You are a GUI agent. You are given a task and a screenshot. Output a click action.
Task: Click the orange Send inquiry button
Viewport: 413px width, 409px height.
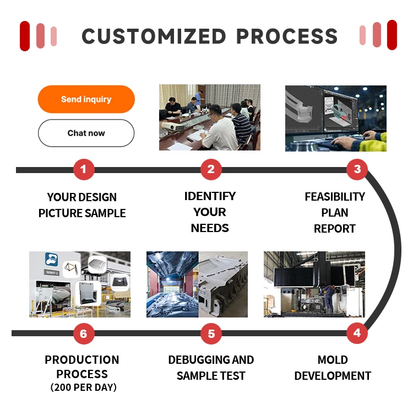[x=86, y=99]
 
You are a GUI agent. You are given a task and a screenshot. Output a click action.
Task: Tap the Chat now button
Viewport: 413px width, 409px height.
[x=86, y=133]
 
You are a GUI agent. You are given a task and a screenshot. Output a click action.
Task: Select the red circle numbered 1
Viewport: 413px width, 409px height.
[x=84, y=169]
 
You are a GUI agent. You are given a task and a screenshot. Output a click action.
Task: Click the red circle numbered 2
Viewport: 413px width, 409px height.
[x=211, y=169]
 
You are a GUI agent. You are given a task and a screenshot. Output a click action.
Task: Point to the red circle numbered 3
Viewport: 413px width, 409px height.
[x=357, y=169]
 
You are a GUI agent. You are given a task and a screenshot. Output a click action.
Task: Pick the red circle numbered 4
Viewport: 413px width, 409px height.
[x=357, y=333]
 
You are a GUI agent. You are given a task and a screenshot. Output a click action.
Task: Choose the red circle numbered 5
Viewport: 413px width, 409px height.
[x=211, y=333]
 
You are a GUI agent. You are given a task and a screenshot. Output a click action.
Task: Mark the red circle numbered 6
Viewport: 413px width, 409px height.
[x=84, y=333]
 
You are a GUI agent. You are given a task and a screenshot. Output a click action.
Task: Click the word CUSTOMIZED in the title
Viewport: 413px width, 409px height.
[x=154, y=36]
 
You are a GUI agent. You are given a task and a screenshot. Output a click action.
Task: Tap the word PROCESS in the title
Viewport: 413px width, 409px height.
[x=287, y=36]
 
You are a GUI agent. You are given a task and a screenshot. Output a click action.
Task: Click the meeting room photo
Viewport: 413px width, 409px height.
[x=210, y=117]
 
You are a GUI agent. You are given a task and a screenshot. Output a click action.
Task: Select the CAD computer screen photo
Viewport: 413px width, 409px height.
[x=335, y=118]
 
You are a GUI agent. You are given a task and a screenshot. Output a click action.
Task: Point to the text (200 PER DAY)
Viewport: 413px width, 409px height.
[x=83, y=388]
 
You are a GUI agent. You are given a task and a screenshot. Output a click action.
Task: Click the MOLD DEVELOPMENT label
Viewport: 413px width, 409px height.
[x=333, y=368]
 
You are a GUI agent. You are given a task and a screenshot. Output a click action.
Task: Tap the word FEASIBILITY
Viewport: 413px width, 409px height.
[x=335, y=197]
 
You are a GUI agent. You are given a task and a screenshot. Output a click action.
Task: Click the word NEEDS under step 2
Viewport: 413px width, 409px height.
[x=210, y=228]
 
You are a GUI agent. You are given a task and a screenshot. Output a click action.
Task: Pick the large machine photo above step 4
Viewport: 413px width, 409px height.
[x=314, y=284]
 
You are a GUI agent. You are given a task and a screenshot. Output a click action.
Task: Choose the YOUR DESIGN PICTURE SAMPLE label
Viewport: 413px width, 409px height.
[x=82, y=205]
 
